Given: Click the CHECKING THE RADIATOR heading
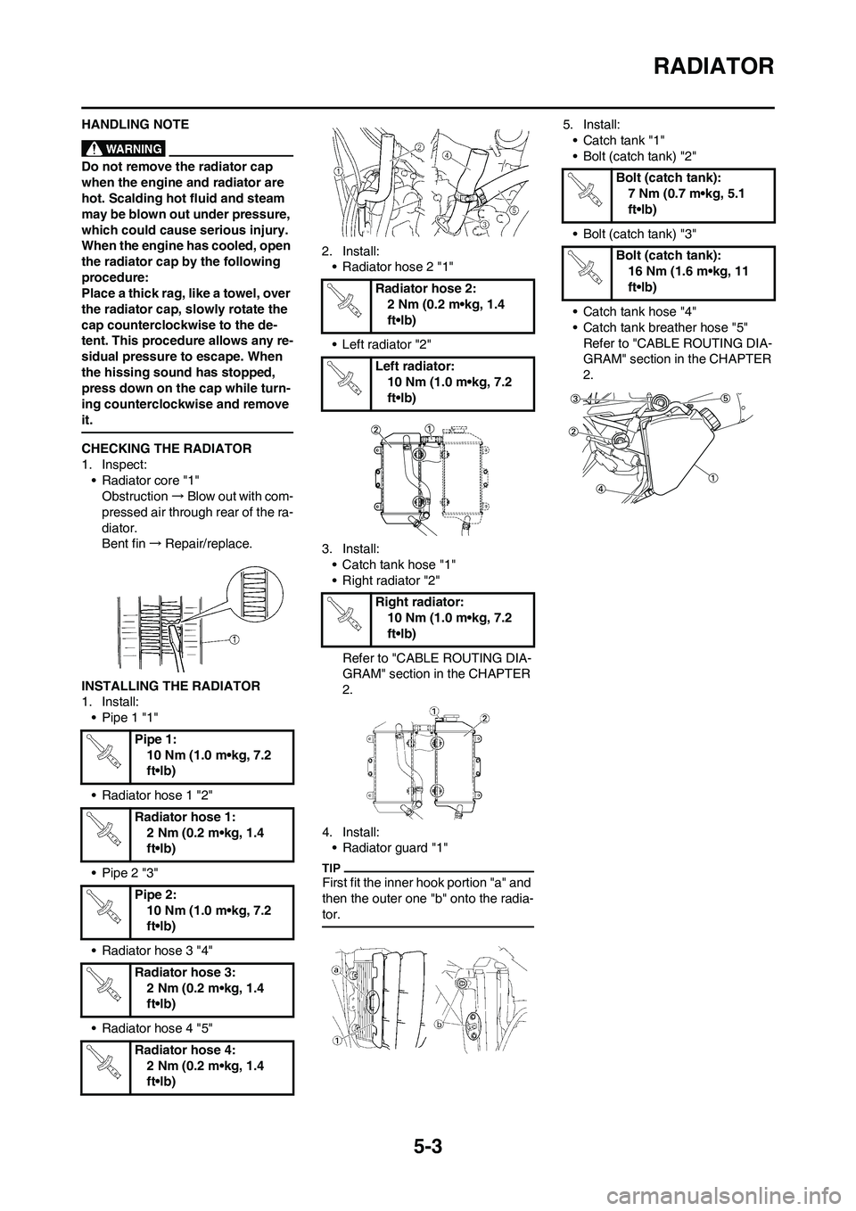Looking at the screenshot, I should (x=166, y=448).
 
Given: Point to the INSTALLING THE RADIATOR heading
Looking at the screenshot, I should (x=170, y=686).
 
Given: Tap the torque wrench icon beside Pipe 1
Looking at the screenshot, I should (x=107, y=755).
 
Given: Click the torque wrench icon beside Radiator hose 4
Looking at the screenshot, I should (x=107, y=1067).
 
